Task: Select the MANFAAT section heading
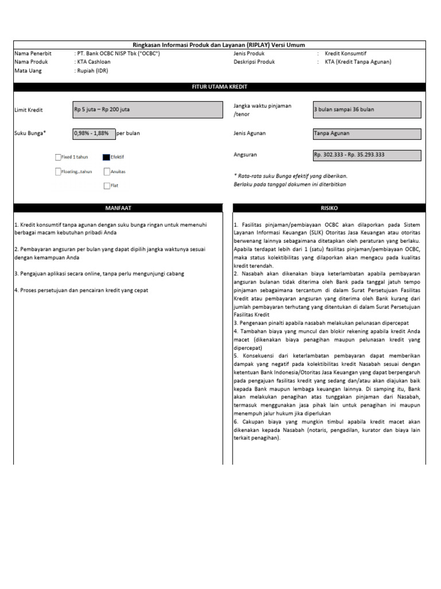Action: [118, 208]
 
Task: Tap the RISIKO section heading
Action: [329, 208]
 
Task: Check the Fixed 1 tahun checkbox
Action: [58, 156]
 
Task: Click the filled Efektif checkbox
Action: [106, 156]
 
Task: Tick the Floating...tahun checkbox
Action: [58, 171]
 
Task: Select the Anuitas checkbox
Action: [107, 171]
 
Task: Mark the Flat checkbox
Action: [107, 186]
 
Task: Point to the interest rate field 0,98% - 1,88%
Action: [94, 133]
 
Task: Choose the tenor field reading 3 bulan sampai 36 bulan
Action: [366, 109]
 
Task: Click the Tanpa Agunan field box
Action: [366, 133]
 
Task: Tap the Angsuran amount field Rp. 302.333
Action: [366, 155]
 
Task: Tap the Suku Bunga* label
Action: [30, 133]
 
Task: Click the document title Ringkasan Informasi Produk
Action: [219, 45]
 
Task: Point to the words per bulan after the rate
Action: [128, 133]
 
